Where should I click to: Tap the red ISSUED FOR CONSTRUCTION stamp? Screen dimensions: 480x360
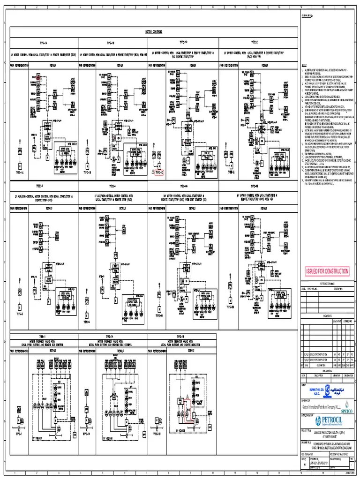coord(327,271)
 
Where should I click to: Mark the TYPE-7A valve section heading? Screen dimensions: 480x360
coord(112,336)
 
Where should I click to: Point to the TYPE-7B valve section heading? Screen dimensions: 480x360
coord(181,336)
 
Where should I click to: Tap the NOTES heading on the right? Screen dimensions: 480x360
coord(304,65)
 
